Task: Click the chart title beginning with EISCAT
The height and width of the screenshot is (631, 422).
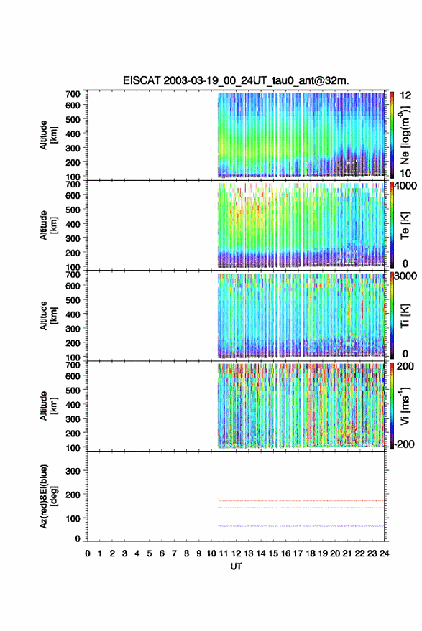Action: pyautogui.click(x=236, y=80)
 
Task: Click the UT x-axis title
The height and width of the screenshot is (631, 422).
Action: pyautogui.click(x=236, y=566)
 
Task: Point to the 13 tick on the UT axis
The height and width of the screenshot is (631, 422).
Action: pyautogui.click(x=248, y=553)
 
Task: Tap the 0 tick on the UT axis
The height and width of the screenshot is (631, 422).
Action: pyautogui.click(x=88, y=553)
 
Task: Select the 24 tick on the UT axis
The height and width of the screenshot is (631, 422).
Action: pyautogui.click(x=384, y=553)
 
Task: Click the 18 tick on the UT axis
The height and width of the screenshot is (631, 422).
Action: pyautogui.click(x=310, y=553)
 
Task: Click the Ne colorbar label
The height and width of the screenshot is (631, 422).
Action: pyautogui.click(x=405, y=136)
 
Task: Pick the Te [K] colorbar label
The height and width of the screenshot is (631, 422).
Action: pyautogui.click(x=405, y=225)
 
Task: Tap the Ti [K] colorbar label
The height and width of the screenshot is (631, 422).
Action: pyautogui.click(x=405, y=316)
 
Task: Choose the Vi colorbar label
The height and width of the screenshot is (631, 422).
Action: pyautogui.click(x=405, y=406)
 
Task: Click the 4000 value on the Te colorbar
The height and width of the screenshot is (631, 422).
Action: pyautogui.click(x=405, y=186)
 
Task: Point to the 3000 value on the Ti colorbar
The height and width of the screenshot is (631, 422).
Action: pyautogui.click(x=405, y=276)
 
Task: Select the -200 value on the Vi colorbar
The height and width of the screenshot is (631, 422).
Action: pyautogui.click(x=404, y=444)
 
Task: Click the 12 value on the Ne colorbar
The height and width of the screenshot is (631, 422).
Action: pyautogui.click(x=405, y=95)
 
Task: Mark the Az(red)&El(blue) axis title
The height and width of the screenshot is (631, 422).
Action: pyautogui.click(x=48, y=496)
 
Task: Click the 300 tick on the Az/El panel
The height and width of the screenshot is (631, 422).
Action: pyautogui.click(x=73, y=471)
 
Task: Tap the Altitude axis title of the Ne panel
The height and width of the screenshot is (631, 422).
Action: pyautogui.click(x=48, y=135)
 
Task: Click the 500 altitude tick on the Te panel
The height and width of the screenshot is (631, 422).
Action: pyautogui.click(x=73, y=210)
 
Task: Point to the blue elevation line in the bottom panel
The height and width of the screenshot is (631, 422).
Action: pyautogui.click(x=301, y=526)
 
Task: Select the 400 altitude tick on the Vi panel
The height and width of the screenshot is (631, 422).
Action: pyautogui.click(x=73, y=404)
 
